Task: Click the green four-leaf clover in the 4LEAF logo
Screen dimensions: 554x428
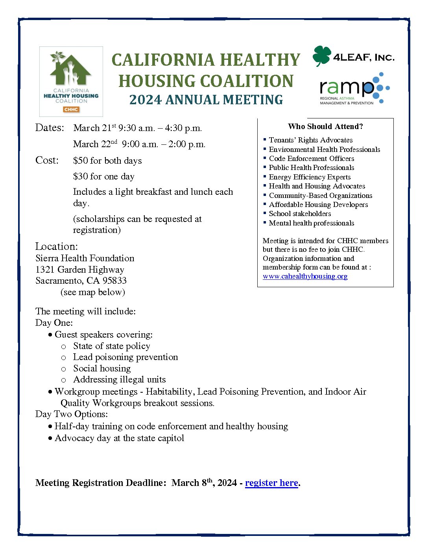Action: pos(322,56)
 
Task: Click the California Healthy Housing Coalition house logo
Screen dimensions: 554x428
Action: pos(71,81)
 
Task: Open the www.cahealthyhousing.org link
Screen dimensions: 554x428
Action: pos(305,276)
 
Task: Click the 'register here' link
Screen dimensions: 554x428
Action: pos(271,483)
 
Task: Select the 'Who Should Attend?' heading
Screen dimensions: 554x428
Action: pos(325,126)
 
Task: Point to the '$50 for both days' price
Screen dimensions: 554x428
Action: pos(107,161)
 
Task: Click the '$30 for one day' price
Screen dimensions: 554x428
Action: pos(104,176)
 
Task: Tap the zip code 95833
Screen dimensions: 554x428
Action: pos(114,281)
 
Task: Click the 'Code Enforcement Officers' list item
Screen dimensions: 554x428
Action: pos(311,159)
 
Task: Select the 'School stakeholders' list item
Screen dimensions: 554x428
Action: pos(300,214)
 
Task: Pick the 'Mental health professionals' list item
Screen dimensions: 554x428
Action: pos(311,223)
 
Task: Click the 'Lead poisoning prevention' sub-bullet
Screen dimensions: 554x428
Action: pos(125,357)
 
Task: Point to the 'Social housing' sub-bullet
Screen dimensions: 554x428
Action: pos(102,368)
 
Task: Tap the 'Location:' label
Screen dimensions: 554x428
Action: pos(57,246)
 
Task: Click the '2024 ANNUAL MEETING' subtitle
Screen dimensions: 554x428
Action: pos(206,100)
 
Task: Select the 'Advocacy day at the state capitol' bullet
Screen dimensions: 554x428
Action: pos(119,438)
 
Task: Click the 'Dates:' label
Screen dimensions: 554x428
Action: pos(50,127)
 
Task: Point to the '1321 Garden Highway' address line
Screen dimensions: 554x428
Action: pos(80,270)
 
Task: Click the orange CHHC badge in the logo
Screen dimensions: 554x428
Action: pos(71,109)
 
